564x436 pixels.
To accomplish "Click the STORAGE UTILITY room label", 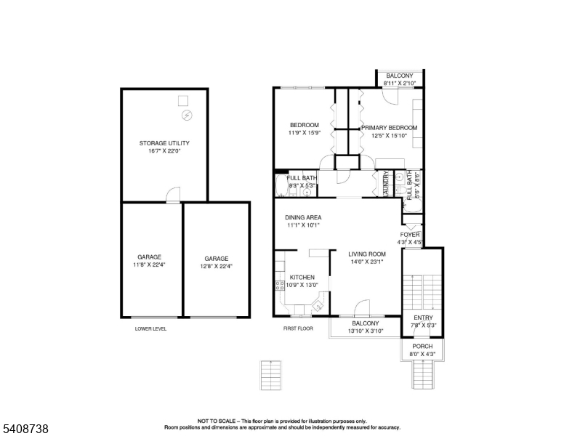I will [x=164, y=143].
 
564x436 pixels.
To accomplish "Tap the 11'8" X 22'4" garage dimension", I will [x=149, y=265].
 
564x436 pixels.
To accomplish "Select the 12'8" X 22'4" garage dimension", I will [x=216, y=266].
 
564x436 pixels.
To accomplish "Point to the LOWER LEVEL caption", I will [x=150, y=328].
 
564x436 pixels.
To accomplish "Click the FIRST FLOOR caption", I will [x=298, y=328].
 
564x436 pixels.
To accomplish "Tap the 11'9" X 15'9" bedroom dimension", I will [x=304, y=133].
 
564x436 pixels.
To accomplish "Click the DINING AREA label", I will [x=303, y=217].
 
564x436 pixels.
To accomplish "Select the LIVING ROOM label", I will [x=366, y=254].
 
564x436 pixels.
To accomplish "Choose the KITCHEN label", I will [x=302, y=277].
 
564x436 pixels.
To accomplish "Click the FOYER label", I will [x=410, y=235].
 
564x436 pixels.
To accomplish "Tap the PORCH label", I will [x=422, y=347].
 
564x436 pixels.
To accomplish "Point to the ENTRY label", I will [x=422, y=318].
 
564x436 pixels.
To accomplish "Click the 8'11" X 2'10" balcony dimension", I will [x=399, y=84].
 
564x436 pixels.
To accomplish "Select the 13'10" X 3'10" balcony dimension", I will [x=366, y=331].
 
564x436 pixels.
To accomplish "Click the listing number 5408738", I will [x=25, y=429].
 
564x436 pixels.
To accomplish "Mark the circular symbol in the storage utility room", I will [x=186, y=115].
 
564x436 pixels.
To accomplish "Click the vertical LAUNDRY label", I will [x=384, y=185].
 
